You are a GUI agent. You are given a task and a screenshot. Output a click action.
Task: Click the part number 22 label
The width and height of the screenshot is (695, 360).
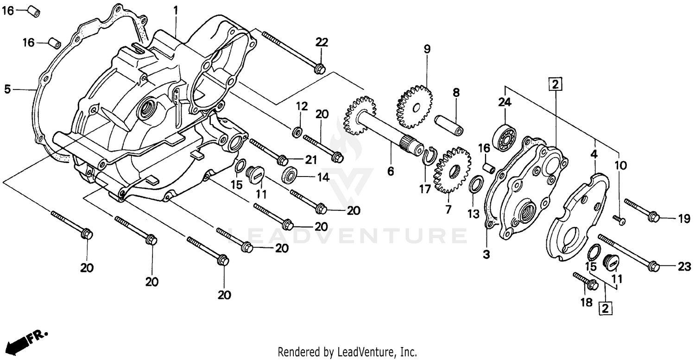pyautogui.click(x=322, y=42)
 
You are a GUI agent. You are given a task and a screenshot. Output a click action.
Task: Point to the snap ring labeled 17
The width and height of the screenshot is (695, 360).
pyautogui.click(x=430, y=156)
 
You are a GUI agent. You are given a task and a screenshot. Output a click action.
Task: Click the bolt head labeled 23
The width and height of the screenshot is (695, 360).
pyautogui.click(x=654, y=266)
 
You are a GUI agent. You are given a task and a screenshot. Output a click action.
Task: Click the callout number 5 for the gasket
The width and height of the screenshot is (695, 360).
pyautogui.click(x=7, y=89)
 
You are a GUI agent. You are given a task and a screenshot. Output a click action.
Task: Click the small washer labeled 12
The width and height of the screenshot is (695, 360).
pyautogui.click(x=296, y=133)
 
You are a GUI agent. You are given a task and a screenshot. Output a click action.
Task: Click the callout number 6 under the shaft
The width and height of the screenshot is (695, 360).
pyautogui.click(x=391, y=172)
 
